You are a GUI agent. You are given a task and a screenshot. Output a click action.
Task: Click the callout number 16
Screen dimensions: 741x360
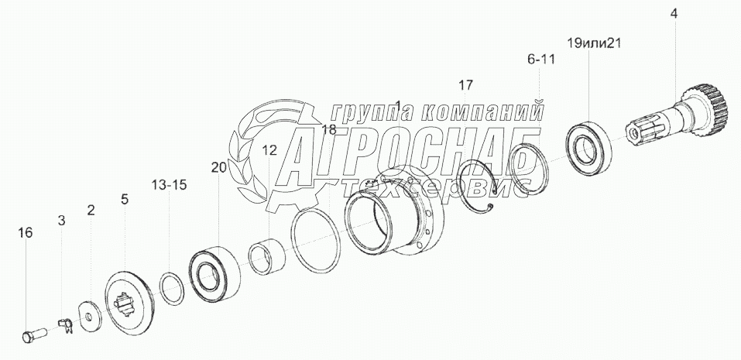tap(26, 233)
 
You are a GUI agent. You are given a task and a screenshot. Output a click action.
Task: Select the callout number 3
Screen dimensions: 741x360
tap(61, 220)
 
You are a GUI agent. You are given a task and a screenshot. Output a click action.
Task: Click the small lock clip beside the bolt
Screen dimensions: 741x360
tap(66, 324)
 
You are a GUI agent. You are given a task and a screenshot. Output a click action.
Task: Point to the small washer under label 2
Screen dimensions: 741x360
tap(88, 316)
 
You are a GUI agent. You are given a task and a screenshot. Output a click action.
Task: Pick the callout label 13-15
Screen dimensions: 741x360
tap(169, 185)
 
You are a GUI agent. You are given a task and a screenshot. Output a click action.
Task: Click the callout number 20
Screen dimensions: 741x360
tap(219, 168)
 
